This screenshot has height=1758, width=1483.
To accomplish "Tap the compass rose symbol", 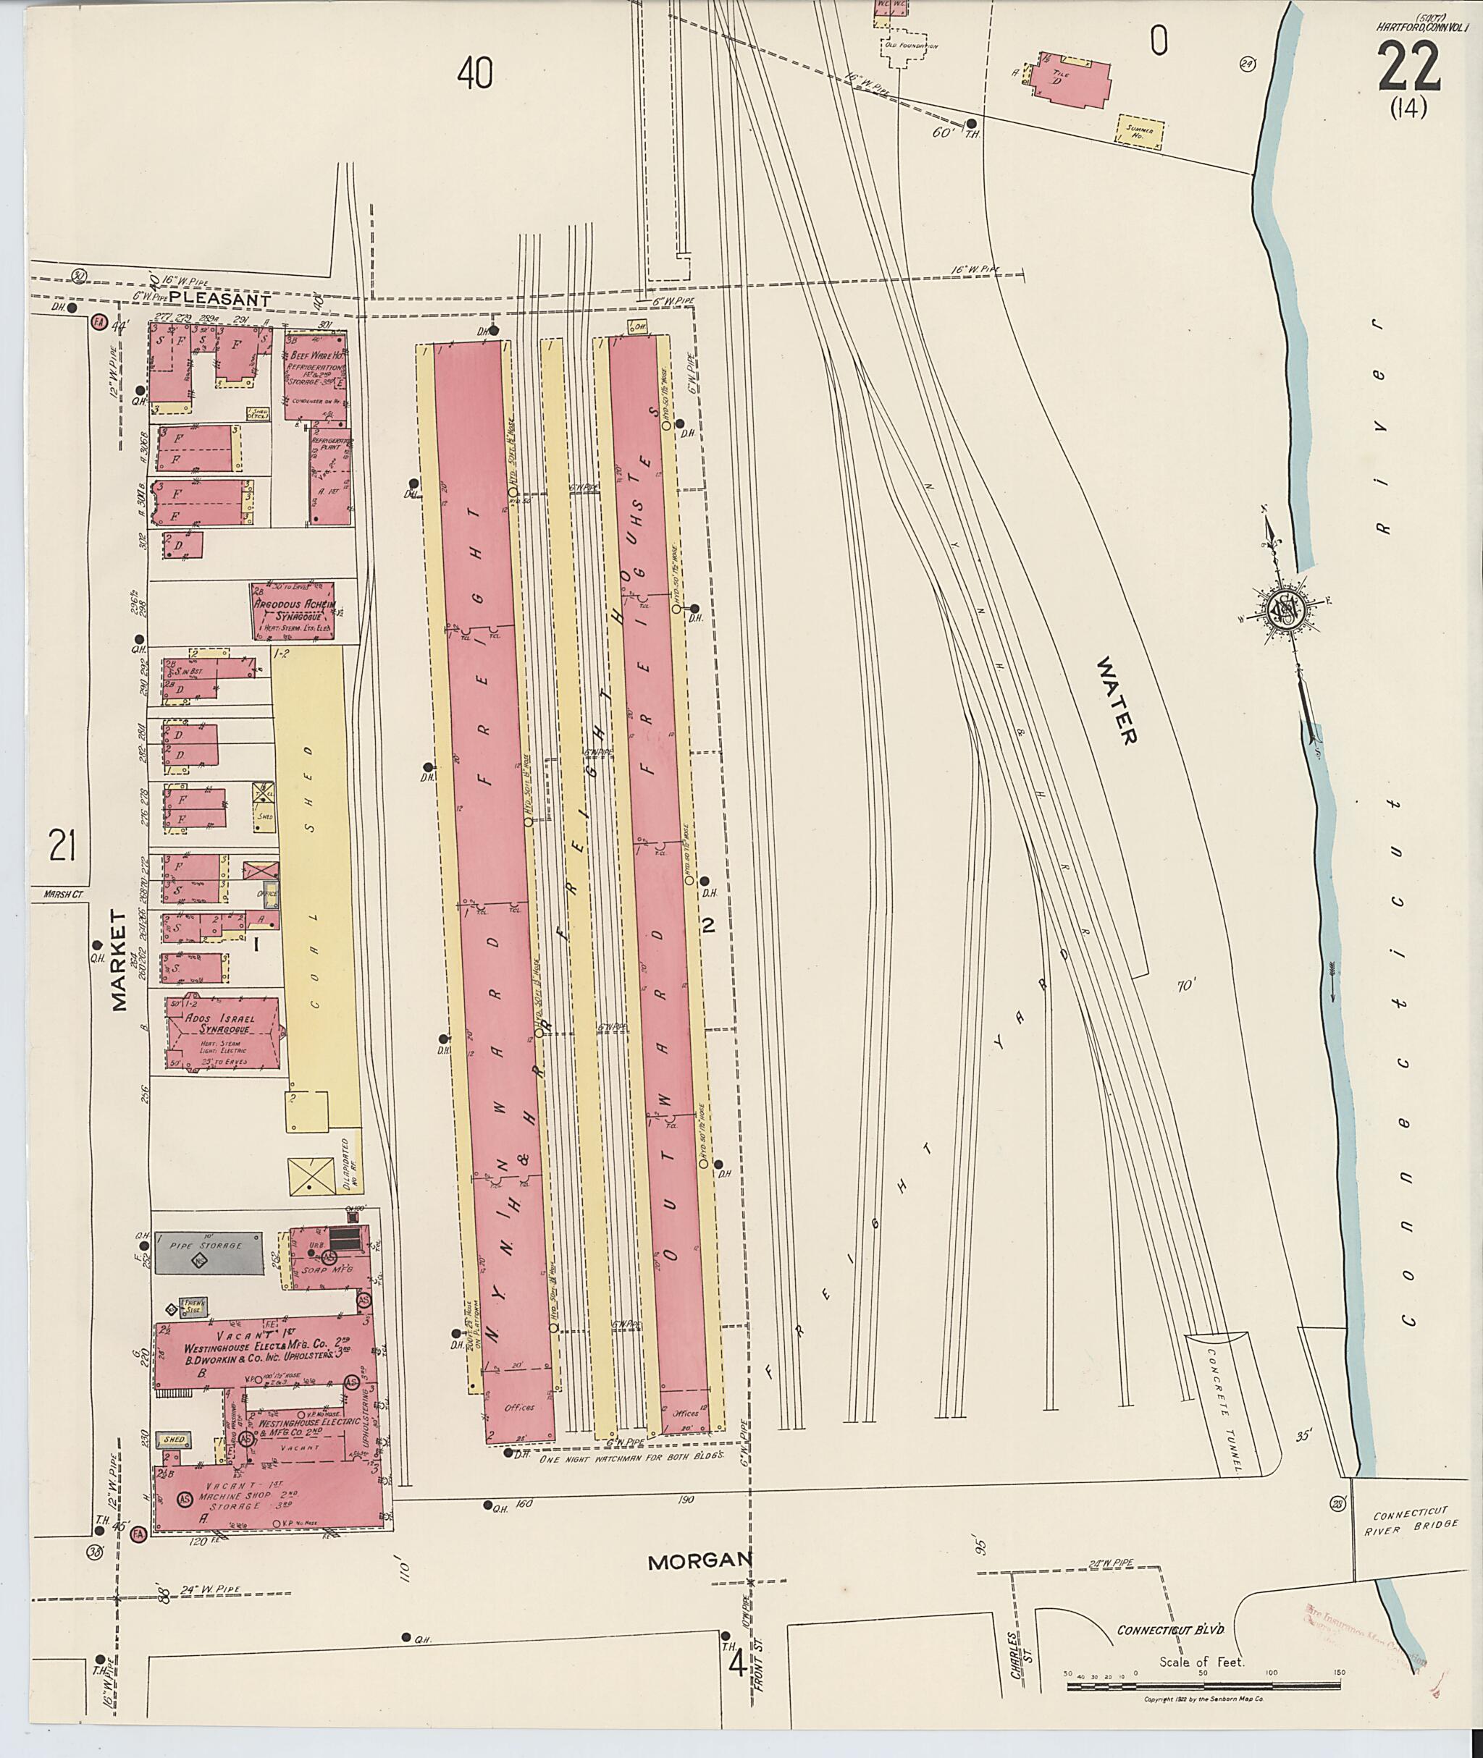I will point(1285,611).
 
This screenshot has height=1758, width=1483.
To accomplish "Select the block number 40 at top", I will point(475,75).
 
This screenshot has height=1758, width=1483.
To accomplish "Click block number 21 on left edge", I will point(62,845).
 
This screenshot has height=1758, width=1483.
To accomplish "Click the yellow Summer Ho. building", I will point(1140,132).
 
